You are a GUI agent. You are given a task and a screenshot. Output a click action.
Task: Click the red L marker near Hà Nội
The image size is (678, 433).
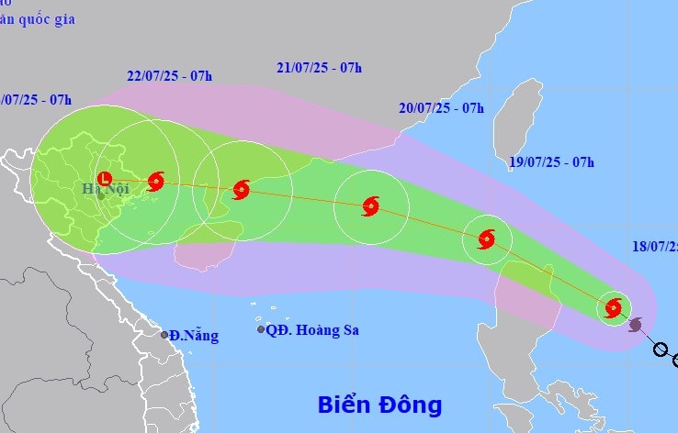(x=104, y=179)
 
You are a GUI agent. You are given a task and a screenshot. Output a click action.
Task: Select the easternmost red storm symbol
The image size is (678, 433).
(x=613, y=308)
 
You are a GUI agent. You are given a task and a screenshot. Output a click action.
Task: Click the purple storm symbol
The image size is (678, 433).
(x=636, y=324)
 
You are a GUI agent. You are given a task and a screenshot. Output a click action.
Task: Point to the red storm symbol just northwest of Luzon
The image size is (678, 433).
(x=486, y=239)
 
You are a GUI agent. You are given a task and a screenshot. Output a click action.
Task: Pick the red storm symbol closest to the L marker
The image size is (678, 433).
(x=155, y=181)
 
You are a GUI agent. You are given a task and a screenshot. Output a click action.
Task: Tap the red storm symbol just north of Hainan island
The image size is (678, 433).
(x=241, y=190)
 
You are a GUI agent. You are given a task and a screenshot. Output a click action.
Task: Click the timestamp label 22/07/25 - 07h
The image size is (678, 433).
(x=170, y=75)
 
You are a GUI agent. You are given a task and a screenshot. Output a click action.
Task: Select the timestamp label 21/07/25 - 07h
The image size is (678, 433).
(x=319, y=67)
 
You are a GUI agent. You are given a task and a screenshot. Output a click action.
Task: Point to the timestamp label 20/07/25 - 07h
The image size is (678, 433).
(x=441, y=107)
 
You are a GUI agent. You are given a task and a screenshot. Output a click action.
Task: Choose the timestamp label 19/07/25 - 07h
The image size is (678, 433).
(x=551, y=162)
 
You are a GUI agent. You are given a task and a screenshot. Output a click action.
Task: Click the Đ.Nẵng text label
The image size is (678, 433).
(x=196, y=336)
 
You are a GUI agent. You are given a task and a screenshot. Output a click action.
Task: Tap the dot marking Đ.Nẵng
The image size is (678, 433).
(x=165, y=335)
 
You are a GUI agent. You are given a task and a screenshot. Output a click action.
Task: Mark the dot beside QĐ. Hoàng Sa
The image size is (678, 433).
(x=261, y=329)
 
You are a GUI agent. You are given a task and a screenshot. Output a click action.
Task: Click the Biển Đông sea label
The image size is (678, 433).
(x=379, y=405)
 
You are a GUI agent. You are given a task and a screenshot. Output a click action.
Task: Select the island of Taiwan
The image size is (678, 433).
(x=517, y=119)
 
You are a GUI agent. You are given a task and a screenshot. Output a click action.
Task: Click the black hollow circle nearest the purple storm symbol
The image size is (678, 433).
(x=660, y=349)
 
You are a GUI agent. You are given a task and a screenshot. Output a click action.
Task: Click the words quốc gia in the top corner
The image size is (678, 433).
(x=45, y=19)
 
